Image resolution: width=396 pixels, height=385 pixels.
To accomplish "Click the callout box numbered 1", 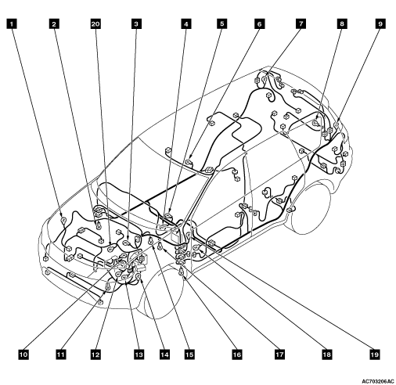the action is [11, 24].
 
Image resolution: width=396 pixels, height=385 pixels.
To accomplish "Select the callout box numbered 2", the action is [54, 24].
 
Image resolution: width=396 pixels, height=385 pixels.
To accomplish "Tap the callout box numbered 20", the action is [95, 24].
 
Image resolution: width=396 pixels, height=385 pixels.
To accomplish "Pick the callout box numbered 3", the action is [136, 24].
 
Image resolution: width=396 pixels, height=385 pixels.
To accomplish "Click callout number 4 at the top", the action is [185, 24].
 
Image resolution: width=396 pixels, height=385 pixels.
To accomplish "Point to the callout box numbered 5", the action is [221, 24].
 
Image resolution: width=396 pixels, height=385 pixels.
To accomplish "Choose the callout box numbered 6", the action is [259, 24].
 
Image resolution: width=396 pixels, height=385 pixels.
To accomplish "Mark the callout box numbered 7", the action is [301, 24].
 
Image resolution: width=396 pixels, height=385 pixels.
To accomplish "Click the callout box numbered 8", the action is [341, 24].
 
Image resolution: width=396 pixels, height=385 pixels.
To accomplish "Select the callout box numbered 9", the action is [380, 24].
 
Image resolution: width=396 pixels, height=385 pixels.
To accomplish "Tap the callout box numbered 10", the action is [23, 354].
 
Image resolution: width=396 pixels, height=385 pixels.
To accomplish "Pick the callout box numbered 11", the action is [61, 354].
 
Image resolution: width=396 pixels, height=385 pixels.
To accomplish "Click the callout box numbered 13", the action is [139, 354].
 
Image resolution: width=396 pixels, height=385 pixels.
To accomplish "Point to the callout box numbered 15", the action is [189, 354].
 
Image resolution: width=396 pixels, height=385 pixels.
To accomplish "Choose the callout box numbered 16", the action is [237, 354].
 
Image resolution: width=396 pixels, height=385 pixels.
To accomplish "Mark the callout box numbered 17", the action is [279, 354].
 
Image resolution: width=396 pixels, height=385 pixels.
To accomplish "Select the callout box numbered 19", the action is [374, 354].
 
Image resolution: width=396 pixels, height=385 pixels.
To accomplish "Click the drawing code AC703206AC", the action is [378, 381].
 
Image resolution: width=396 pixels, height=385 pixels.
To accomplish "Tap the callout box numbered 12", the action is [95, 354].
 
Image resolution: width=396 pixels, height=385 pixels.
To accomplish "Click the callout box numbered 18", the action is [326, 354].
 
